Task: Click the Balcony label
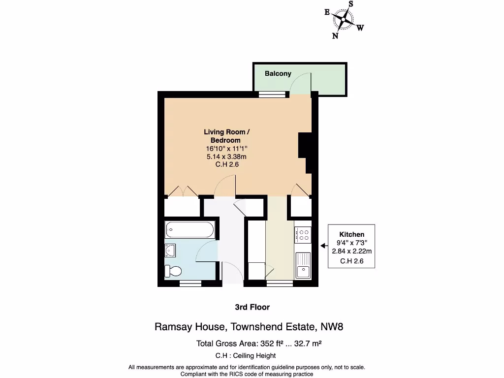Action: click(278, 74)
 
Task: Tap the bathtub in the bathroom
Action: click(190, 229)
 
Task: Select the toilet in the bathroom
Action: click(173, 270)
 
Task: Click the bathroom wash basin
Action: click(170, 251)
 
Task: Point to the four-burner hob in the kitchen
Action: click(302, 235)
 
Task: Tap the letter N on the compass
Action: click(335, 35)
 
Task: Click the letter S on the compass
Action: click(351, 4)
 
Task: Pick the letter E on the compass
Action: click(327, 13)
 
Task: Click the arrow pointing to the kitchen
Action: click(323, 245)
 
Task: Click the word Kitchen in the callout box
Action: click(352, 234)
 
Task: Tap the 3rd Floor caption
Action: click(252, 307)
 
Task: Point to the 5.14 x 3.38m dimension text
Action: click(227, 157)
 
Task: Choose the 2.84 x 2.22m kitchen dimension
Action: click(352, 251)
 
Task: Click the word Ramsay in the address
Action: click(171, 326)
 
